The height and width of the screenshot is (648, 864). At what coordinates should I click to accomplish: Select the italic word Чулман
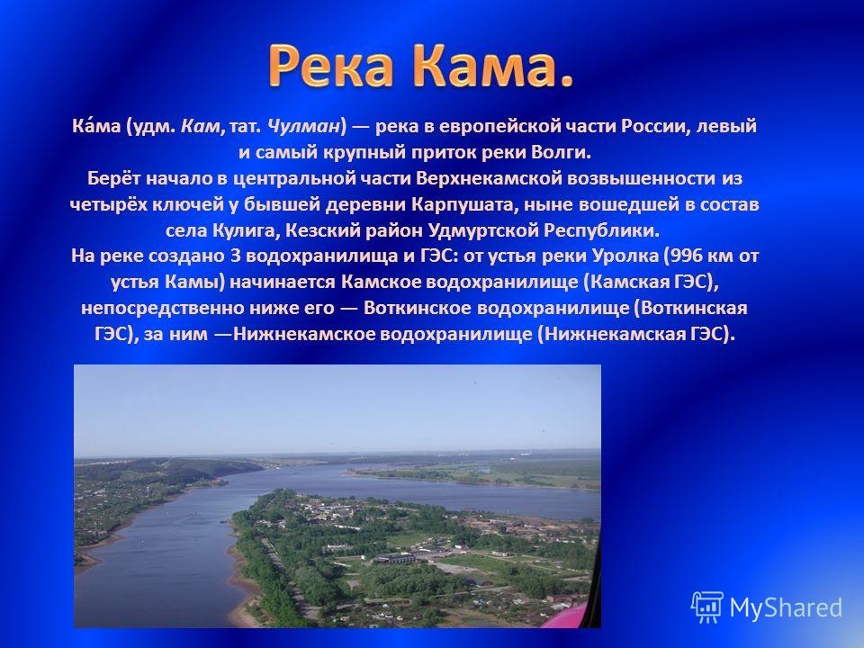tap(302, 126)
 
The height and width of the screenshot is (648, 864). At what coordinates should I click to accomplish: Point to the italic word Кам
tap(200, 126)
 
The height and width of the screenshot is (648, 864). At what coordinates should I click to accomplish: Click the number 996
tap(686, 256)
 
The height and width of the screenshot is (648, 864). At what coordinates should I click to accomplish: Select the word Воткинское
tap(417, 308)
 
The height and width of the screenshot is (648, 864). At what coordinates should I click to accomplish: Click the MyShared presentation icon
tap(707, 607)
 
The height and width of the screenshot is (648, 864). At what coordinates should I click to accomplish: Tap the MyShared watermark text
tap(786, 607)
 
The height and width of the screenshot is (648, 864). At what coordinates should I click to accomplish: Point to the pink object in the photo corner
tap(571, 616)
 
